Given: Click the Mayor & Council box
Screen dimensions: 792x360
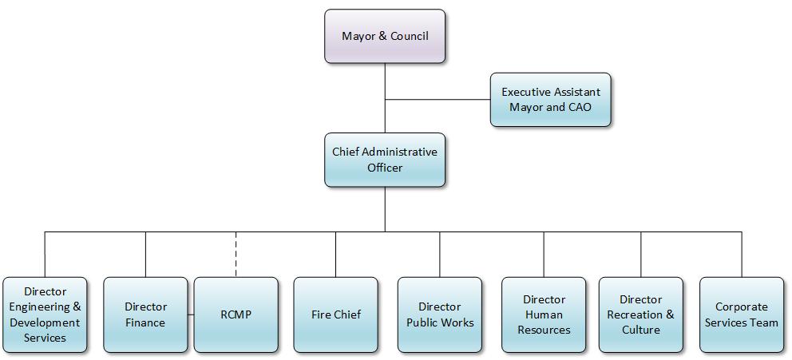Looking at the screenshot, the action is [x=385, y=36].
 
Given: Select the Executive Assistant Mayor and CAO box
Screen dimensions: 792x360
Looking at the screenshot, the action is [x=550, y=99].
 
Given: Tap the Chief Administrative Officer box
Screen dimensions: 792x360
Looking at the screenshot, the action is [x=385, y=160].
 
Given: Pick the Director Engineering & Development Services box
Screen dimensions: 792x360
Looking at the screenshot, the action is [x=45, y=315].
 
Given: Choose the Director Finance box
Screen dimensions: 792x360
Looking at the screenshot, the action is [x=145, y=315].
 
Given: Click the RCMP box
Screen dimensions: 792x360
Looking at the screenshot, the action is [x=236, y=315].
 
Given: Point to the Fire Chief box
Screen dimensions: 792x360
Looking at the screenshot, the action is [x=335, y=315].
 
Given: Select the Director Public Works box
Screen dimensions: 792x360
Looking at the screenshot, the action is [x=439, y=315].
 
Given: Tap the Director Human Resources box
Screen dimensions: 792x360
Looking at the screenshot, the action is [x=544, y=315].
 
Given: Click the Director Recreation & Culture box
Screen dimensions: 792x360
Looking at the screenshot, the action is [x=640, y=315].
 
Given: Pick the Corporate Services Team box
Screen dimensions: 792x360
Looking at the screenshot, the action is [x=741, y=315].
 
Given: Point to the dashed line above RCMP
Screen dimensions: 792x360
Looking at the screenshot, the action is [x=236, y=254].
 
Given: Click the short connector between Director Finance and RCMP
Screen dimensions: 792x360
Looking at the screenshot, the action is [x=191, y=315].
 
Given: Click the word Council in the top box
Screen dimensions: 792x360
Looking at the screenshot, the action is [x=408, y=36].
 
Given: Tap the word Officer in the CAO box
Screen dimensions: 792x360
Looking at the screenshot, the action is [x=385, y=168].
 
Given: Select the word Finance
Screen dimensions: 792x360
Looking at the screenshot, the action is [x=145, y=322].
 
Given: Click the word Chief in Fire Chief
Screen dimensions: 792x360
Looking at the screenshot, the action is [x=348, y=315].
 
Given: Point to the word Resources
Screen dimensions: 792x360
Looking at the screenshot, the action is [x=544, y=330].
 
